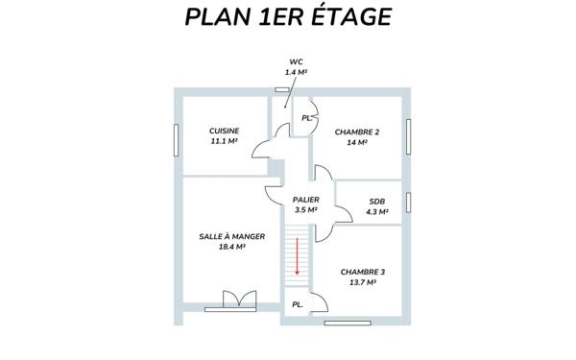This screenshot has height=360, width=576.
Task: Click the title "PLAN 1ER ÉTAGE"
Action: (x=288, y=18)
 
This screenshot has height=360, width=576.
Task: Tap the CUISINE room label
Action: (x=224, y=131)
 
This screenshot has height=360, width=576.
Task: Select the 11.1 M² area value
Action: (x=224, y=141)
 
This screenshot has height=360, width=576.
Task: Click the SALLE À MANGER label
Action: (x=232, y=236)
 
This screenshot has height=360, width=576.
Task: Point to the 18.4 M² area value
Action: (x=232, y=247)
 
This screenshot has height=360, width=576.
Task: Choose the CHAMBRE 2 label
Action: (x=357, y=132)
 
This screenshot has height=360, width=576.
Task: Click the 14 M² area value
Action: (x=357, y=142)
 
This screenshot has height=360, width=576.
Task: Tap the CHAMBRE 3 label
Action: (x=363, y=272)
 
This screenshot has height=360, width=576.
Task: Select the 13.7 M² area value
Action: (x=363, y=282)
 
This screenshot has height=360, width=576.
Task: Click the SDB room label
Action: (x=376, y=202)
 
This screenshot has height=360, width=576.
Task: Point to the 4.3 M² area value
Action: (x=376, y=211)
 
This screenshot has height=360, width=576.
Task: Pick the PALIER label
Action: (x=305, y=199)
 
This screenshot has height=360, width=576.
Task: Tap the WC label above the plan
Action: (x=296, y=61)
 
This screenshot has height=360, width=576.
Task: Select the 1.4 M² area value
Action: (x=296, y=72)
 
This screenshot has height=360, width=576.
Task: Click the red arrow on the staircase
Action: (x=298, y=256)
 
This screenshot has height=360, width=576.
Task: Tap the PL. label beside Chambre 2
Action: (x=306, y=118)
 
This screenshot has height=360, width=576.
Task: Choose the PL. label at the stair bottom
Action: (x=298, y=304)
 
